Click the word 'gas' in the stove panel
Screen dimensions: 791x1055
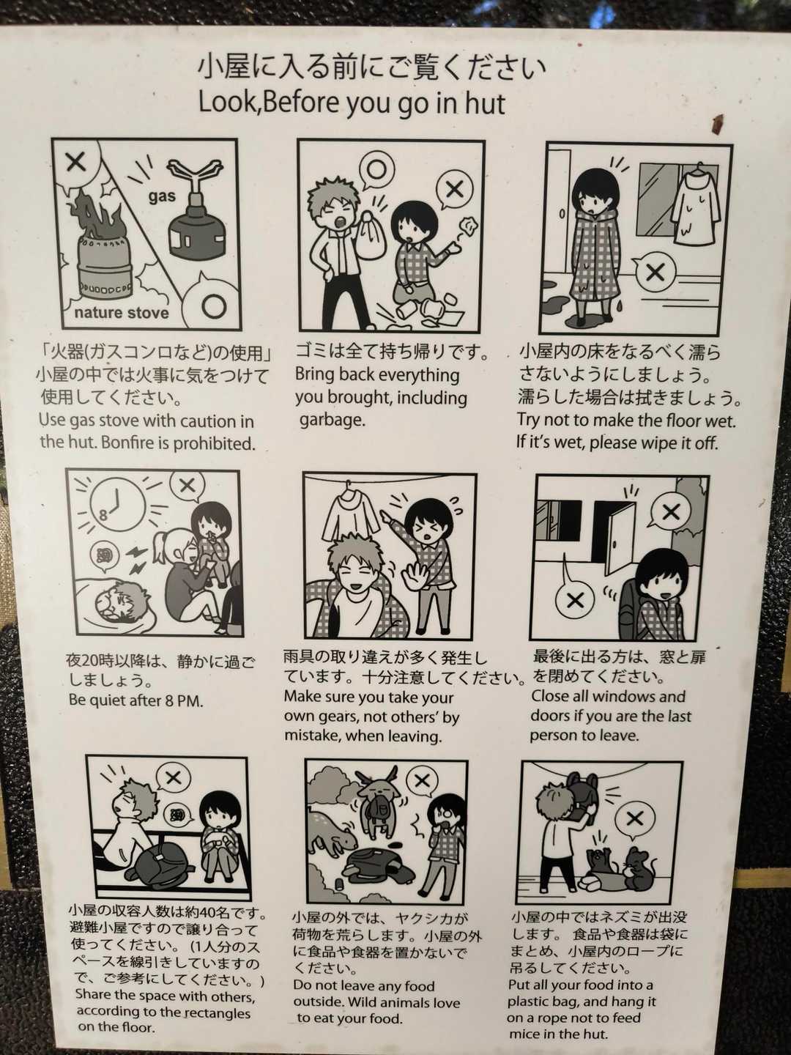point(162,196)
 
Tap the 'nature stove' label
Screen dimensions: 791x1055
point(122,313)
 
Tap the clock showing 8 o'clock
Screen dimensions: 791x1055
point(117,506)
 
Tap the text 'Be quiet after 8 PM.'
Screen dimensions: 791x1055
point(135,700)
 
